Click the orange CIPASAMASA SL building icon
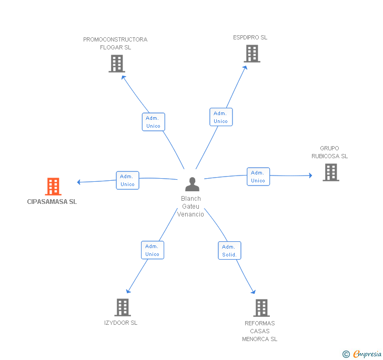tap(53, 187)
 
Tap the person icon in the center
tap(192, 184)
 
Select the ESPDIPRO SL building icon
tap(252, 54)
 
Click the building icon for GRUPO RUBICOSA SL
tap(331, 172)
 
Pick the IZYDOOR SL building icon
tap(123, 307)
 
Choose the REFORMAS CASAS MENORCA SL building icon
tap(261, 308)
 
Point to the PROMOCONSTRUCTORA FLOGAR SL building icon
tap(117, 64)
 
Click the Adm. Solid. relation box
tap(229, 250)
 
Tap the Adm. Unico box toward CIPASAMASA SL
tap(127, 180)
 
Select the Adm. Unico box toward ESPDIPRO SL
tap(221, 117)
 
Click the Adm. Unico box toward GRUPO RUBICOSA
tap(258, 177)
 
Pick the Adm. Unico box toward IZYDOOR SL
tap(153, 250)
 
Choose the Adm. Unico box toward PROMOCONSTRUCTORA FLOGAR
tap(154, 122)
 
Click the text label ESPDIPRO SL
tap(250, 38)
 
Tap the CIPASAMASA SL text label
tap(52, 202)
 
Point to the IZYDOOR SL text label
tap(120, 323)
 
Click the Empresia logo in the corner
tap(362, 354)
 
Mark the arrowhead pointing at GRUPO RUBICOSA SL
tap(310, 176)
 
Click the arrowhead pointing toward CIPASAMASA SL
tap(79, 182)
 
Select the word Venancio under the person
tap(190, 214)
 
